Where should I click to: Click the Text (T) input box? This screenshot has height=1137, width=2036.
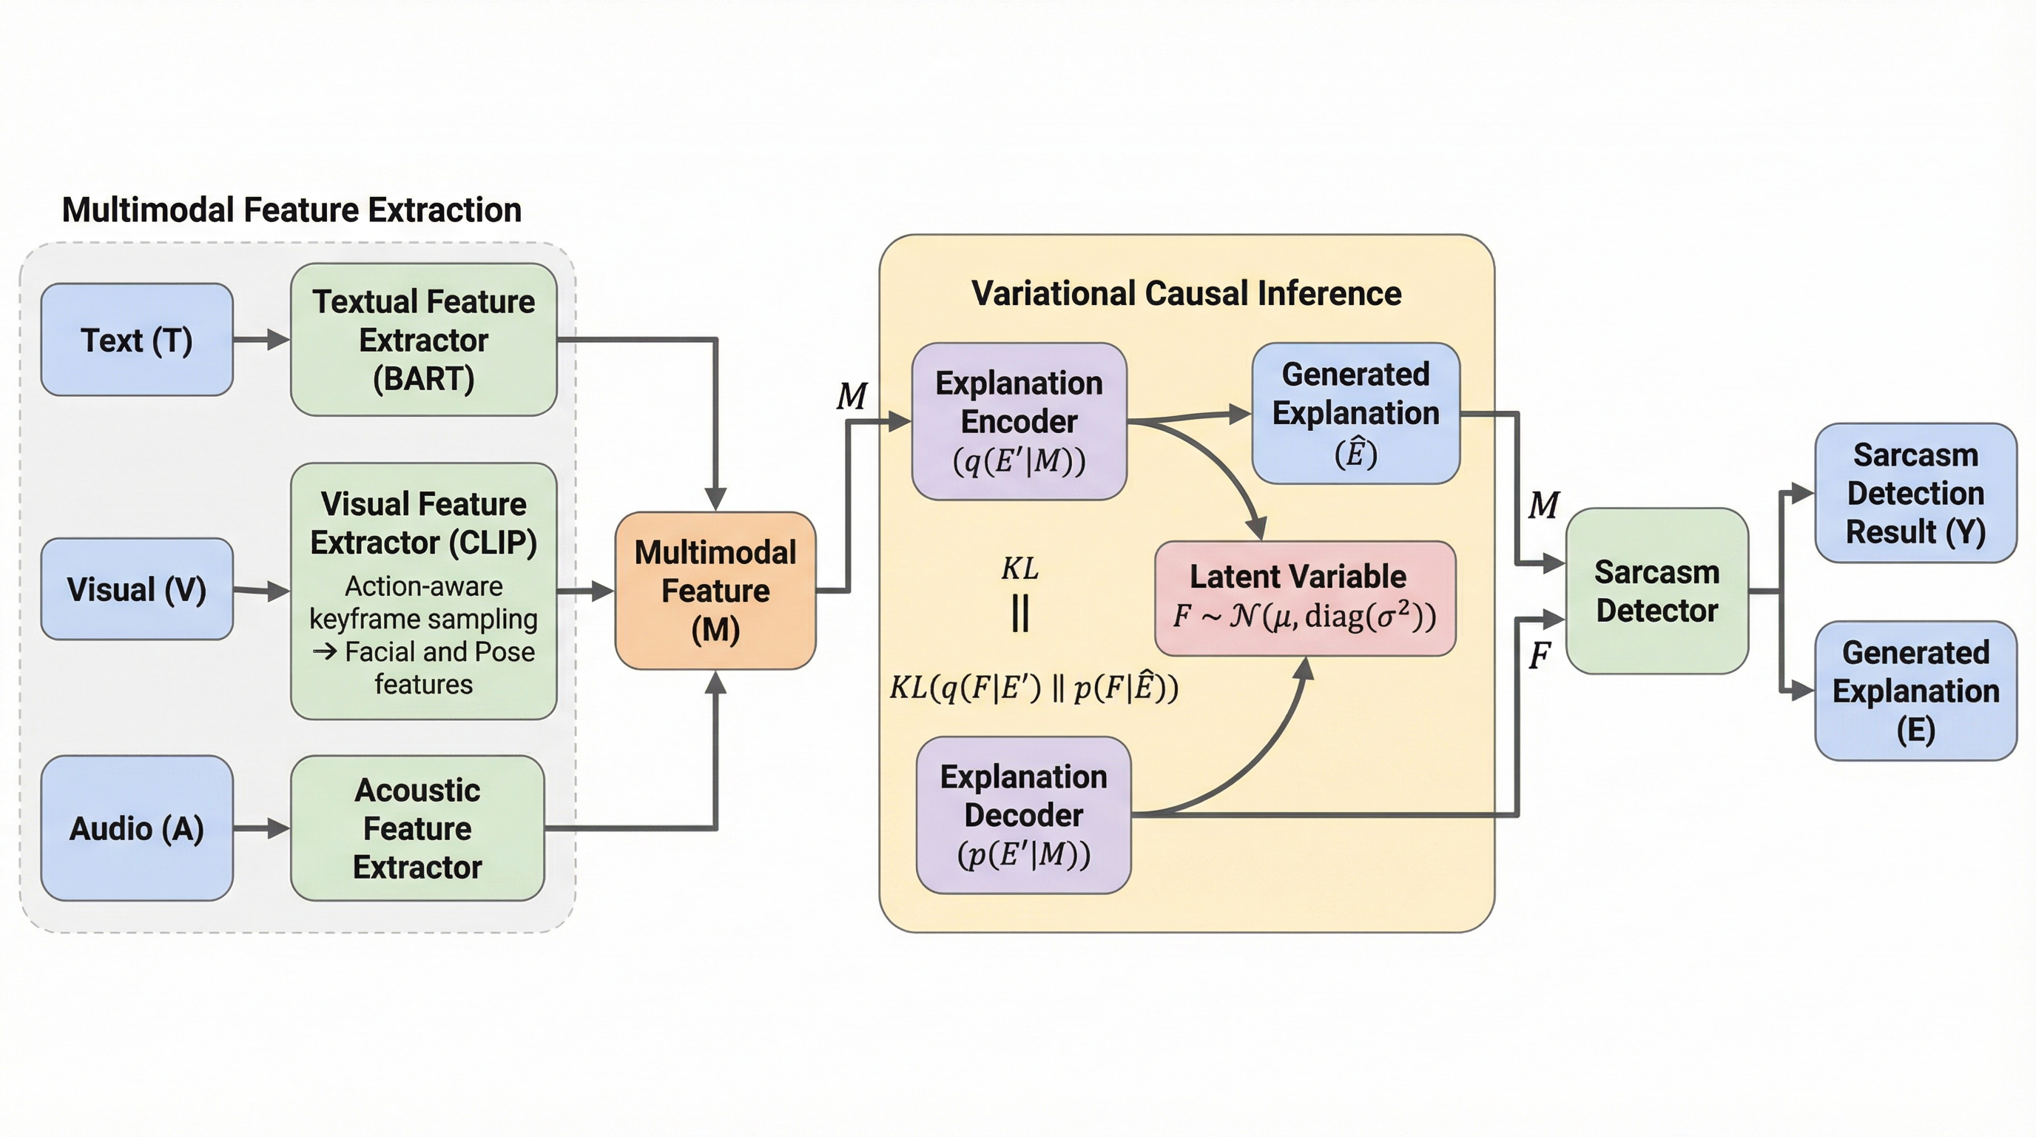[137, 340]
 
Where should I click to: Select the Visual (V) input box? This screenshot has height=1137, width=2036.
[137, 589]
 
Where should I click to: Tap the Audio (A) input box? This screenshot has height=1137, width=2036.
[137, 828]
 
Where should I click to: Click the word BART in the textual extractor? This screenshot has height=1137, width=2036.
[424, 380]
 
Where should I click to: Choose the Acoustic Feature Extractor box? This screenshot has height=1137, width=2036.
[417, 828]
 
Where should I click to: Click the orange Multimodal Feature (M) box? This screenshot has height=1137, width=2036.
[715, 591]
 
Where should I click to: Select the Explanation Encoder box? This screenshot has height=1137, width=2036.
[1019, 421]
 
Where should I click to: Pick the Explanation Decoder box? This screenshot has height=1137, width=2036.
[1023, 815]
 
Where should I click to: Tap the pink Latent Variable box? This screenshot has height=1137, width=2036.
[1305, 598]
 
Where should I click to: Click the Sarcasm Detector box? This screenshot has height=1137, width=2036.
[1656, 591]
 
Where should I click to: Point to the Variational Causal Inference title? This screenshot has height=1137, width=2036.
[1187, 293]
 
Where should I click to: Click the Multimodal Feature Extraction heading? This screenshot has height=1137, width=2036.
[291, 210]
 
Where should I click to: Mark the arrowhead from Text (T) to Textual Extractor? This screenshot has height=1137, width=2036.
[279, 340]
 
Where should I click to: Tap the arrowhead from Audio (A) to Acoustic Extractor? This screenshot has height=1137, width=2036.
[279, 828]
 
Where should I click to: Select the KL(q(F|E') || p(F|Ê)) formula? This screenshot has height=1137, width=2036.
[1033, 687]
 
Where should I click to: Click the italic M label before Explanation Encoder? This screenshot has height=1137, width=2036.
[852, 396]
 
